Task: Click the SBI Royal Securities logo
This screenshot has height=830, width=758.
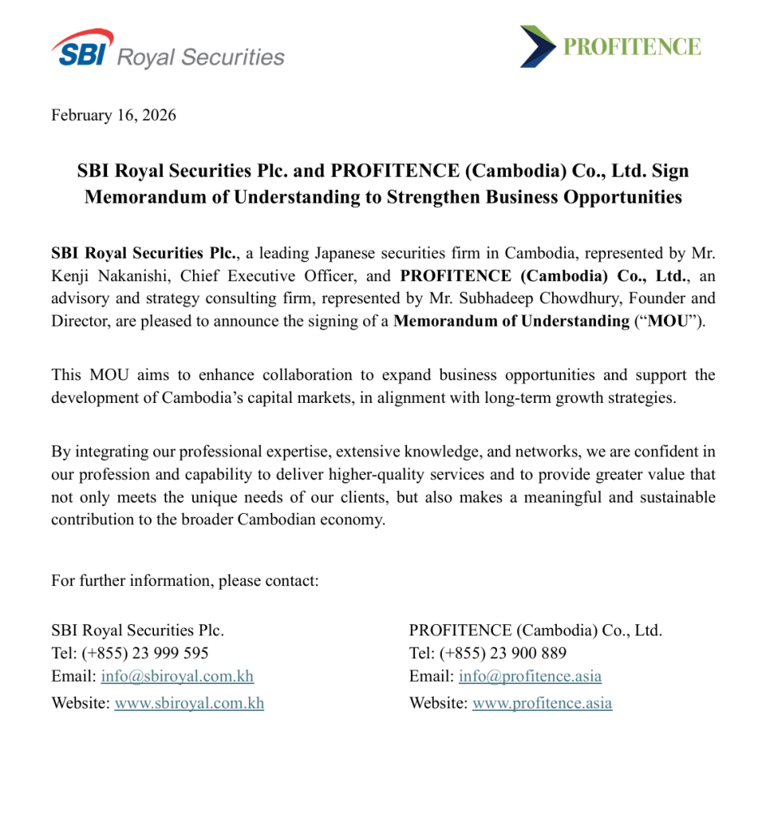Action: (x=168, y=49)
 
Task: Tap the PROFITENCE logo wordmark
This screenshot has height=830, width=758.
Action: (x=632, y=46)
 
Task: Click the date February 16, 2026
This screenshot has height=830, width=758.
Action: (x=113, y=115)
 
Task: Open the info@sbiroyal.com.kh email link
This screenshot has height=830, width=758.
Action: (x=177, y=676)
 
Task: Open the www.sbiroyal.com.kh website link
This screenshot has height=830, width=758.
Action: (x=189, y=704)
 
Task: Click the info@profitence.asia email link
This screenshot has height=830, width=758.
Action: (x=529, y=676)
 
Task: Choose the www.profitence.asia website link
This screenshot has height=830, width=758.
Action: (x=542, y=704)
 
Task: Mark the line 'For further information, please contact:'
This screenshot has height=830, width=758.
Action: (x=185, y=580)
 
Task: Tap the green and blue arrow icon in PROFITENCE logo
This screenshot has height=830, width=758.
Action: (x=537, y=46)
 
